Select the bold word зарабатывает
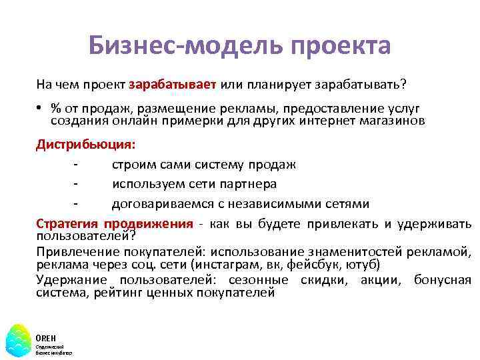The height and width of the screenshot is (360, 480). coord(173,85)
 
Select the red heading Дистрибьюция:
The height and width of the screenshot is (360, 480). coord(85,145)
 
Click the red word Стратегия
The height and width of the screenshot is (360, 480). coord(67,223)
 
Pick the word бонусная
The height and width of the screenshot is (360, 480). coord(442,280)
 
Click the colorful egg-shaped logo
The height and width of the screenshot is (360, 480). coord(18,339)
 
